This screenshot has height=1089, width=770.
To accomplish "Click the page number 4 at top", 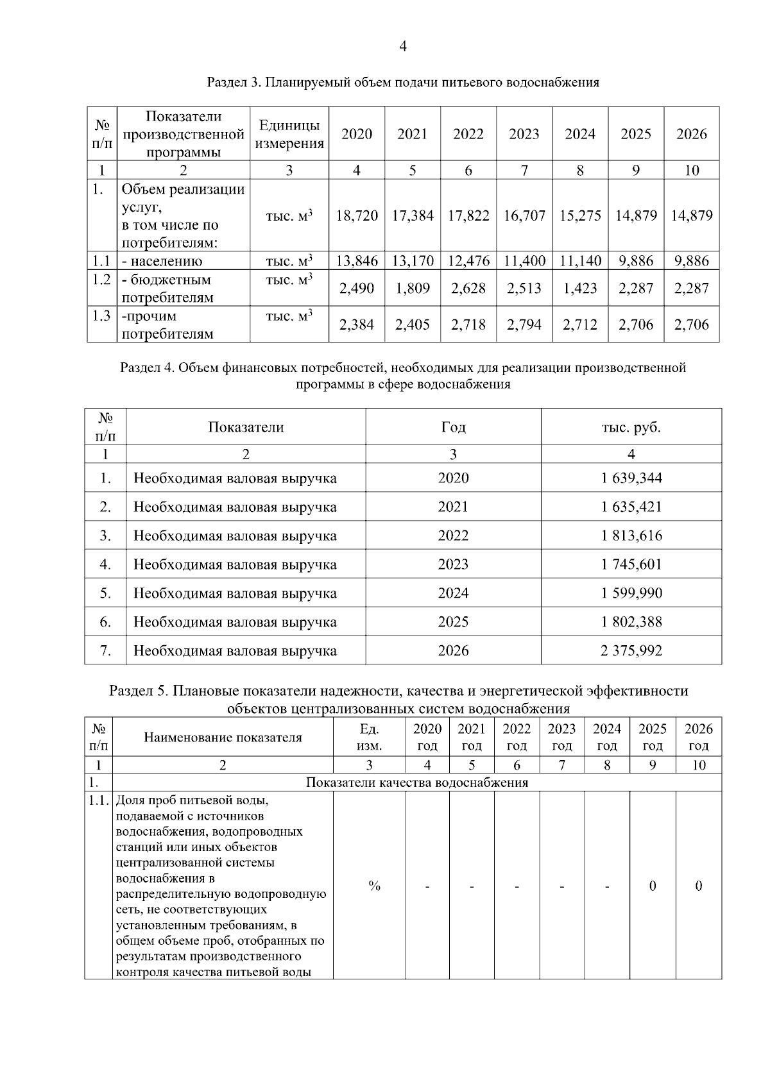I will (x=402, y=46).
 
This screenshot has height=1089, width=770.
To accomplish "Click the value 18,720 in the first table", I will (x=357, y=215).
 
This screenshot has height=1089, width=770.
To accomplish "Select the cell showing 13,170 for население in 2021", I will (x=413, y=261).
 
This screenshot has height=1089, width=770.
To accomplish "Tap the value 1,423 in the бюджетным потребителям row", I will (x=580, y=289).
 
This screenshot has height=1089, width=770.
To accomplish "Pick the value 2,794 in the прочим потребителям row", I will (x=524, y=325).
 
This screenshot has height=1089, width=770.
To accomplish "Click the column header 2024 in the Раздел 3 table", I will (x=580, y=134).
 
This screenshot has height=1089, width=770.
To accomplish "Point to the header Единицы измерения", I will (x=289, y=135).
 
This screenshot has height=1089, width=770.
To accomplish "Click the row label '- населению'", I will (x=162, y=261).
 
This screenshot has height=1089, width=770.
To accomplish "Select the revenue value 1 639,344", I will (x=631, y=478).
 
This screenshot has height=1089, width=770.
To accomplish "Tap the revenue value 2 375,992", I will (x=631, y=650).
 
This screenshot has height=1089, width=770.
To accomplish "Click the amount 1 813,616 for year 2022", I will (x=631, y=536).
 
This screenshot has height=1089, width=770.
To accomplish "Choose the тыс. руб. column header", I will (x=631, y=427).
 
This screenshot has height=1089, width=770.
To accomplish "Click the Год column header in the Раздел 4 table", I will (x=453, y=427).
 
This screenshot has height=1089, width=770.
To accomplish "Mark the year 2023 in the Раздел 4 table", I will (x=453, y=564).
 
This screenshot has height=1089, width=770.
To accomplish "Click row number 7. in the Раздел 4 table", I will (x=105, y=650).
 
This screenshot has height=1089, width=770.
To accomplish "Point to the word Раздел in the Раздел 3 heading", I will (x=227, y=83).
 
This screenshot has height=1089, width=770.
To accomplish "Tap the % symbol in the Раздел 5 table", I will (x=374, y=886).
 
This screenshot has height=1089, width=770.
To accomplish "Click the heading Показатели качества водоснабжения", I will (x=417, y=782).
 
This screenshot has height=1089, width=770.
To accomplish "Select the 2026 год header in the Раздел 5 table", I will (x=698, y=737).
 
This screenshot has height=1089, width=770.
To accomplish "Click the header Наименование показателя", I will (x=223, y=738).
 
